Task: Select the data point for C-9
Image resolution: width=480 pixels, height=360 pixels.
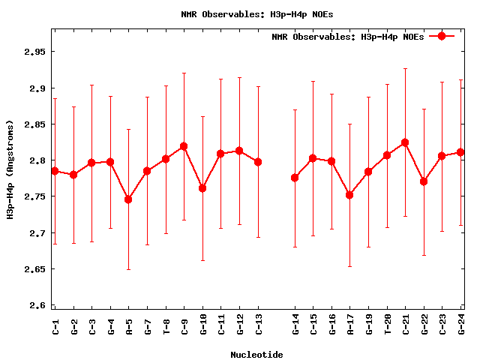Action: [184, 146]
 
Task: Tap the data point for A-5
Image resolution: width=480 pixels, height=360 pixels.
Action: [128, 199]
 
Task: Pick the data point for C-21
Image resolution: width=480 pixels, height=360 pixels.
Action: [405, 142]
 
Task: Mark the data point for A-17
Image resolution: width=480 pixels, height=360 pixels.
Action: [349, 195]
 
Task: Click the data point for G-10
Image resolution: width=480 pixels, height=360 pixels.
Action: [202, 188]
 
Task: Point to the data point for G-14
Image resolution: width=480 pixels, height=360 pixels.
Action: [295, 178]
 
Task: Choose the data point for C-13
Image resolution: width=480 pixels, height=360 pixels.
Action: [258, 162]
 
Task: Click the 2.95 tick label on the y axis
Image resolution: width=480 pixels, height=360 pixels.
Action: [34, 52]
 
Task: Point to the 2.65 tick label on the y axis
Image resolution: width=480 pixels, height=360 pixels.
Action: [34, 268]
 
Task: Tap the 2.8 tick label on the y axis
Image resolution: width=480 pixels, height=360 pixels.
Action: [37, 160]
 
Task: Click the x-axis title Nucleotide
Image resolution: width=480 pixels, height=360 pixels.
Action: [256, 354]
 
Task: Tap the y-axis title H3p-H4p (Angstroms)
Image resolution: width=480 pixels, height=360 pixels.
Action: [10, 169]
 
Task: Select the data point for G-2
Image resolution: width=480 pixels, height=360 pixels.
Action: [73, 175]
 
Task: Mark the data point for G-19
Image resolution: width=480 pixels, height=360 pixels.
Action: [368, 172]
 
